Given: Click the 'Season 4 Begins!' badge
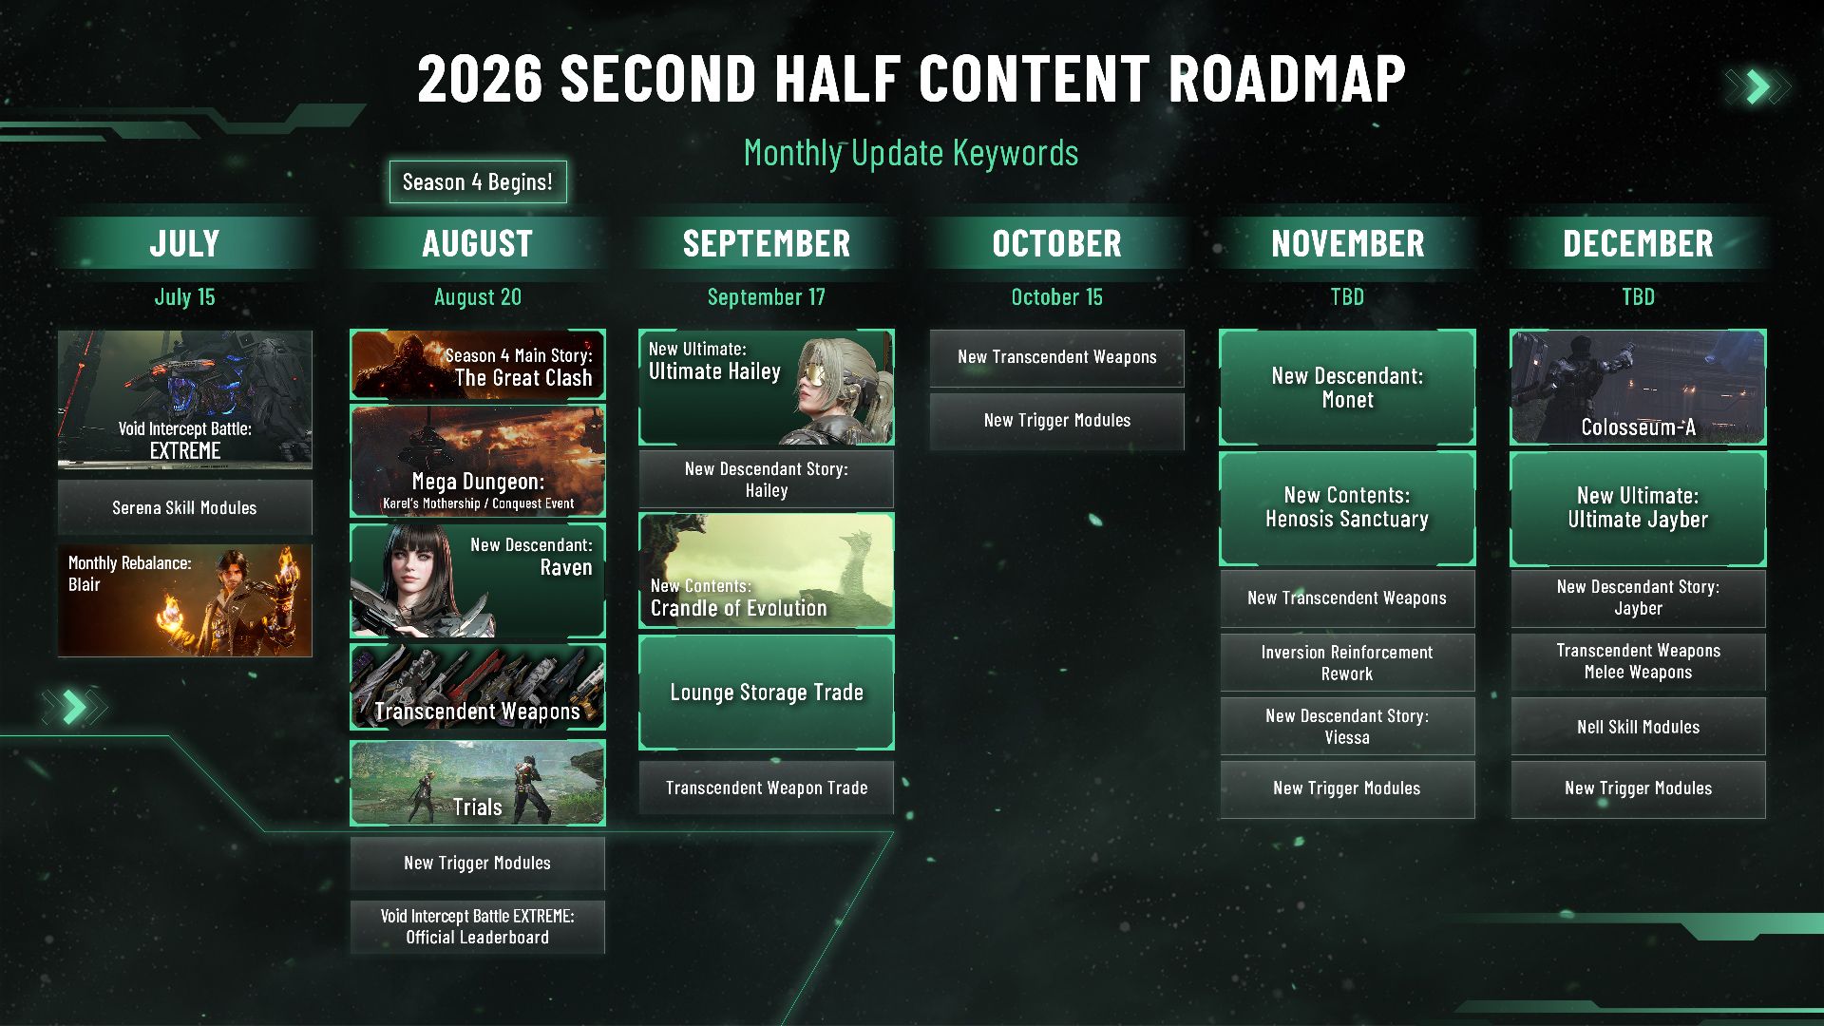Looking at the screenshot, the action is click(478, 181).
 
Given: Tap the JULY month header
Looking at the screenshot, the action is click(185, 243).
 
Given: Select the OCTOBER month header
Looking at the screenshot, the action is click(1056, 243).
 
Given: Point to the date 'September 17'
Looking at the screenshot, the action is click(766, 297).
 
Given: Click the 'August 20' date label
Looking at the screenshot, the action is click(478, 297).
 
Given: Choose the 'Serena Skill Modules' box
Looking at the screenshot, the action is click(185, 507).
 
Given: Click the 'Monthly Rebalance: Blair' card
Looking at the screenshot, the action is click(185, 600).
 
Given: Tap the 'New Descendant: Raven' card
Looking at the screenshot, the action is click(478, 580).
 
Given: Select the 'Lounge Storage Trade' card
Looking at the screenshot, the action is click(767, 693).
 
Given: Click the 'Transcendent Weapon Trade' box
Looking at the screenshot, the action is click(767, 788).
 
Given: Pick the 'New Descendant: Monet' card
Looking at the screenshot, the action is click(1347, 388).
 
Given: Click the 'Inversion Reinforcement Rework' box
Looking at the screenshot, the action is click(1347, 663).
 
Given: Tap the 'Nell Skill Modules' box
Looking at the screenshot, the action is click(1638, 727).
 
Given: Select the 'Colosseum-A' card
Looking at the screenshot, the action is click(1638, 388).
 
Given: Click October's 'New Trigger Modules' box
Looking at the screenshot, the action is click(1056, 421).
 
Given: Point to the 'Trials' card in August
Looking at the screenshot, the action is click(478, 783).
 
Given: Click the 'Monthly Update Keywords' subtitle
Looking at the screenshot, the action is click(911, 153).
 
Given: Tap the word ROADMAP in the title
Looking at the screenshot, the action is click(1287, 78).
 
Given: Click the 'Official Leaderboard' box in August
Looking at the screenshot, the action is click(478, 927).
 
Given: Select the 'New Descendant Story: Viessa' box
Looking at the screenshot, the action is click(1347, 727).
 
